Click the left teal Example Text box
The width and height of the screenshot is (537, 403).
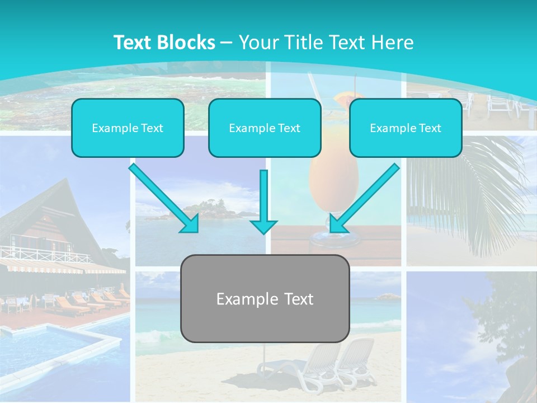[128, 128]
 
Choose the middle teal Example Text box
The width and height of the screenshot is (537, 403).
[265, 128]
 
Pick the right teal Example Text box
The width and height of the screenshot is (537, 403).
[406, 128]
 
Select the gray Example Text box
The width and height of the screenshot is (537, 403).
[265, 298]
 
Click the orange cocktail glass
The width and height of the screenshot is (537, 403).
[334, 185]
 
